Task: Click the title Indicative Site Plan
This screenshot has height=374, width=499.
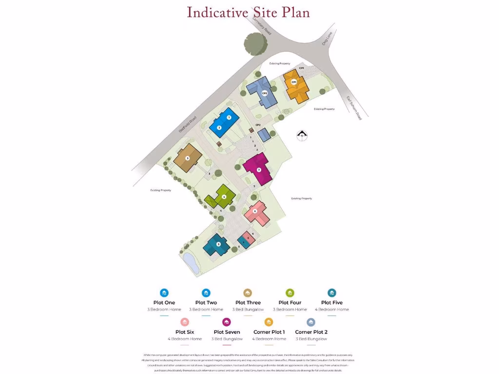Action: click(249, 12)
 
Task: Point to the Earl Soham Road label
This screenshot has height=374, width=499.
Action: click(354, 108)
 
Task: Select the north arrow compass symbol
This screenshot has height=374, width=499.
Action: click(303, 135)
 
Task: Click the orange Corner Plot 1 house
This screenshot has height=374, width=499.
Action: click(295, 85)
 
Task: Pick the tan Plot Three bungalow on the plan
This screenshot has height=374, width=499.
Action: click(188, 158)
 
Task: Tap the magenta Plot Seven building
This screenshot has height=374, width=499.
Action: click(258, 169)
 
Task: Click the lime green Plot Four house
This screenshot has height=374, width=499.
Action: click(222, 197)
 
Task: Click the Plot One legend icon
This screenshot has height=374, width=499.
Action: click(164, 293)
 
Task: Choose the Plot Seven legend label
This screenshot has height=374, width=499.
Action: click(227, 332)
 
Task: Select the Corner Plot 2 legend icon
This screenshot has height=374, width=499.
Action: click(311, 322)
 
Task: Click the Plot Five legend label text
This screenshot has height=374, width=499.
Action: click(332, 302)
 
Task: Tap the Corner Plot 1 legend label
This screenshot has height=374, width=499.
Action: click(269, 332)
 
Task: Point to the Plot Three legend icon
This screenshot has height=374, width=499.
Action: click(248, 293)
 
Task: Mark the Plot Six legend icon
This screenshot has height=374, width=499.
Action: click(185, 322)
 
